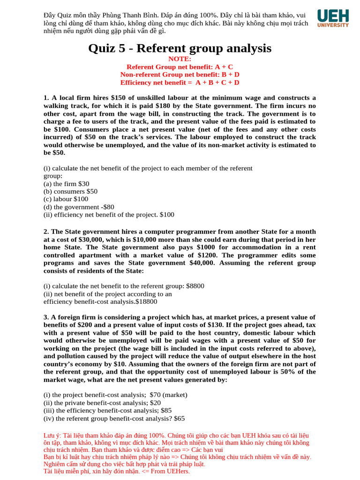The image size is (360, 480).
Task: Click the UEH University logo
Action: (333, 18)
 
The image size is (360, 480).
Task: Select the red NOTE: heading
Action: (180, 59)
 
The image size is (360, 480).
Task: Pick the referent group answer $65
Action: (180, 418)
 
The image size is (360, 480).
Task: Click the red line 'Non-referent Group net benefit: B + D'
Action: (180, 75)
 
